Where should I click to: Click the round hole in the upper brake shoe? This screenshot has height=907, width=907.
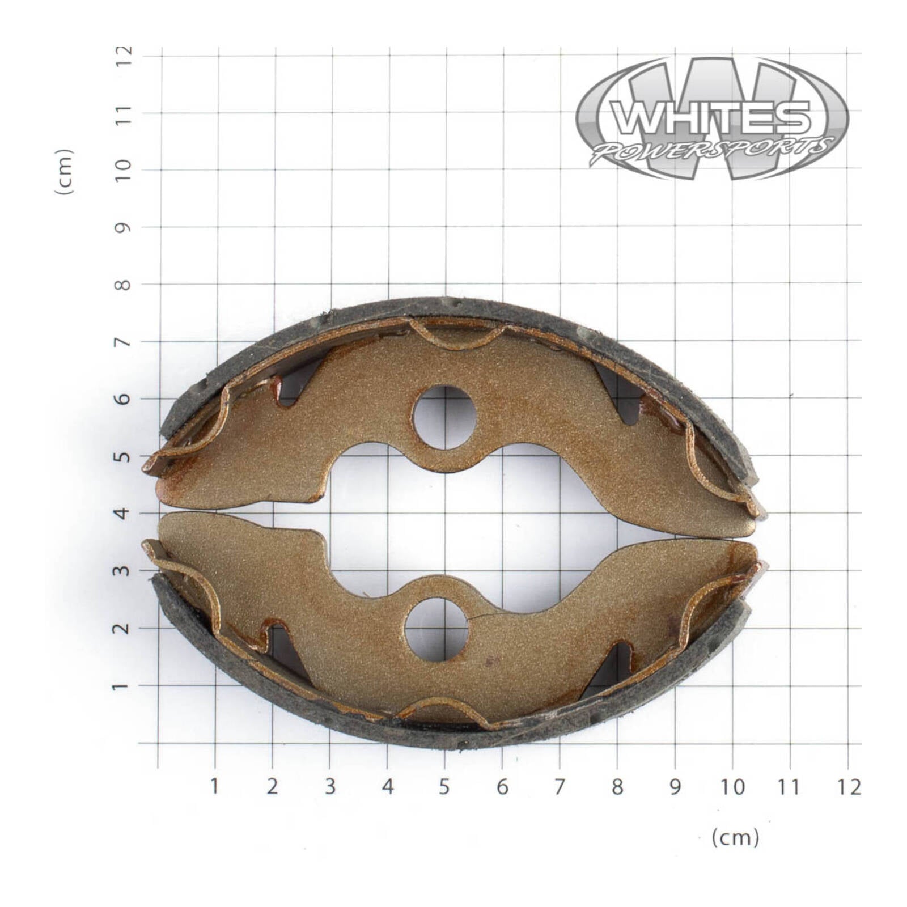coord(444,418)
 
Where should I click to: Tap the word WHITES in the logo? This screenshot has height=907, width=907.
coord(712,117)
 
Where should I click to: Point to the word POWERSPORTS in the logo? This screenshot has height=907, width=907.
coord(712,150)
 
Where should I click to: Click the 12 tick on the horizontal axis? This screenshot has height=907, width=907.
coord(847,787)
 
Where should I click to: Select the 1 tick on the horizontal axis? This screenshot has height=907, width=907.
coord(215,787)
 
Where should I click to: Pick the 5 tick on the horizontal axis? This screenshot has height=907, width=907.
coord(444,787)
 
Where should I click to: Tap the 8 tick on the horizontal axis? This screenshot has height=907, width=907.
coord(617,787)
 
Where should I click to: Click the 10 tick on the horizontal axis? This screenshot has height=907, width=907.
coord(732,787)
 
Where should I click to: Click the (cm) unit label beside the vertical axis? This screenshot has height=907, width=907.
coord(65,172)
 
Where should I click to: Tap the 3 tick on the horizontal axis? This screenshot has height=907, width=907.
coord(330,787)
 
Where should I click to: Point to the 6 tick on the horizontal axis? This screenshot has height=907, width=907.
coord(502,787)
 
